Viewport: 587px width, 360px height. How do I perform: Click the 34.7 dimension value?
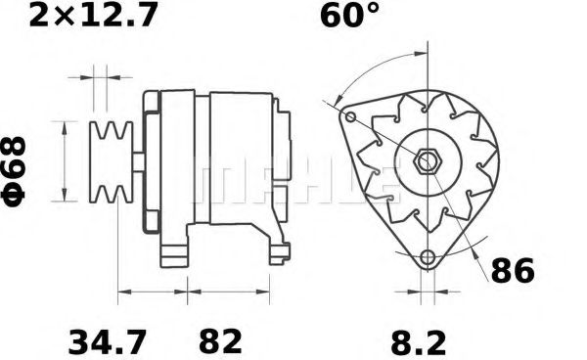point(108,343)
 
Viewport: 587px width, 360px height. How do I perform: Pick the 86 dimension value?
point(512,271)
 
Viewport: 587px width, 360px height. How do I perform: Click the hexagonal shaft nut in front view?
point(428,159)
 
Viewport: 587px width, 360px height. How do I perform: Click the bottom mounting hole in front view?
point(427,258)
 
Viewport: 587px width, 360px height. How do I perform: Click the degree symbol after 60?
point(376,10)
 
